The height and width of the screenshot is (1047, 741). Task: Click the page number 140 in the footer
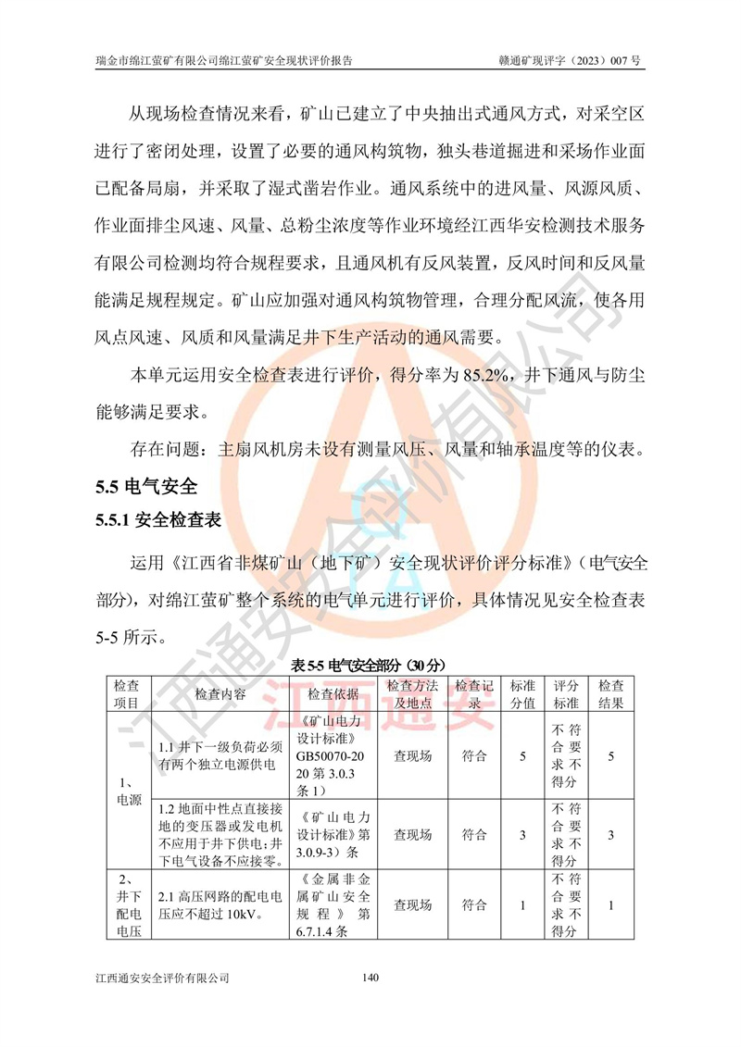coord(370,977)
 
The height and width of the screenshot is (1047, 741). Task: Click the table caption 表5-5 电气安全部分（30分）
coord(370,665)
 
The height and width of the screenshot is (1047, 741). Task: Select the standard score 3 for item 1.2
coord(523,835)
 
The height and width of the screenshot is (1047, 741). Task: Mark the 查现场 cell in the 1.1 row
coord(412,756)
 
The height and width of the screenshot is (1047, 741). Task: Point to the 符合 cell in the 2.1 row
coord(474,904)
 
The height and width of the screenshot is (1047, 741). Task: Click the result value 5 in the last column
coord(610,756)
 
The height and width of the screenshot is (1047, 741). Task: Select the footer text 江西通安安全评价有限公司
coord(162,977)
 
